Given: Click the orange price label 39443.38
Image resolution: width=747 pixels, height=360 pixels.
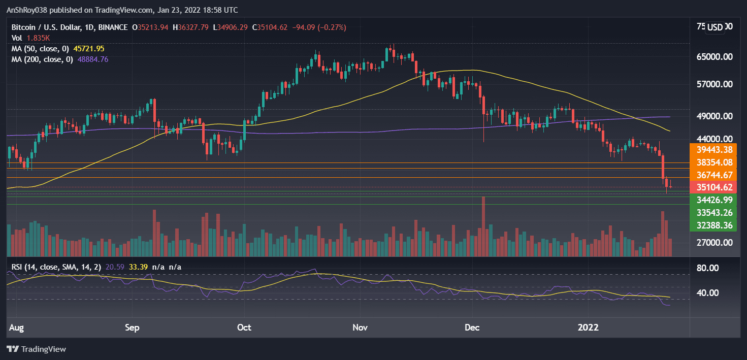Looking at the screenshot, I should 713,149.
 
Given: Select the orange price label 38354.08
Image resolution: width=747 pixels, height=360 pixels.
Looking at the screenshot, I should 713,162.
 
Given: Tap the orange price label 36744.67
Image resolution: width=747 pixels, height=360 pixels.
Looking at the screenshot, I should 713,175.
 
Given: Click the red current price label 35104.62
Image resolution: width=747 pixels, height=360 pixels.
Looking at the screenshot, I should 713,187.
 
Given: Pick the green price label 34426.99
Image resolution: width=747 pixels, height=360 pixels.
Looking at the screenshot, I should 713,200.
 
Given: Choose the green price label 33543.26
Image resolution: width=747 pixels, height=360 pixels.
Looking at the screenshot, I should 713,213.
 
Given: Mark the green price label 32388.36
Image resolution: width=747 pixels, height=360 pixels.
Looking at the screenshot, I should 713,225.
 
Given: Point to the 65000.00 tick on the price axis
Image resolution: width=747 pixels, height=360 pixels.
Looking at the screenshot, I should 713,57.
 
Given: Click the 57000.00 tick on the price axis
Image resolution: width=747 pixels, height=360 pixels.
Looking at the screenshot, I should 713,84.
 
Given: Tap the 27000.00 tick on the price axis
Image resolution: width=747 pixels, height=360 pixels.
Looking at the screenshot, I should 713,243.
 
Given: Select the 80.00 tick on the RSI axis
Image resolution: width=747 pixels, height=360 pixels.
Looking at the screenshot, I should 717,268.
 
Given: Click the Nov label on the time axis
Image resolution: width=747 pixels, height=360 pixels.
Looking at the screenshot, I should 360,328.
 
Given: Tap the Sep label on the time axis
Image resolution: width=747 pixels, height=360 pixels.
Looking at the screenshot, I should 132,328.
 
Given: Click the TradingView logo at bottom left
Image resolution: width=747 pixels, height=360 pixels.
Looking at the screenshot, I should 36,349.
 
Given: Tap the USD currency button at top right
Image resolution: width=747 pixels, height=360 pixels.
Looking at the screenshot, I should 715,27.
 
